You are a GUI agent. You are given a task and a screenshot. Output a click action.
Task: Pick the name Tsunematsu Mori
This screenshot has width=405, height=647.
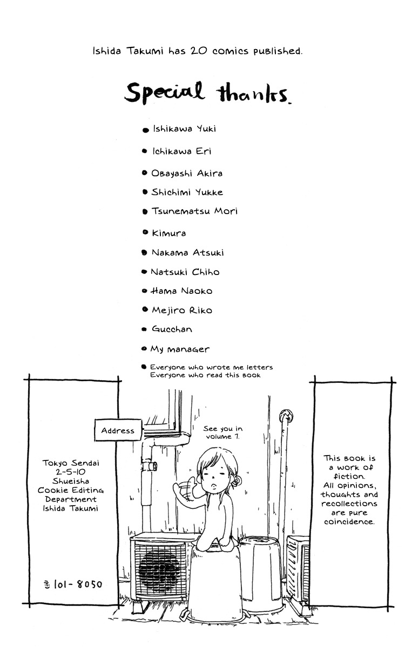[x=194, y=211]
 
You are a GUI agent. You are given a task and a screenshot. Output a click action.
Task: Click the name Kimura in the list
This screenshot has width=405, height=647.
[x=169, y=233]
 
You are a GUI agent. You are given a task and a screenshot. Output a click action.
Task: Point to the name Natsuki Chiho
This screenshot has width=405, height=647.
[x=185, y=272]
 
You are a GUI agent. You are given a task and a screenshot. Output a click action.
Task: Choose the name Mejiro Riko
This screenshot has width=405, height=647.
[x=182, y=311]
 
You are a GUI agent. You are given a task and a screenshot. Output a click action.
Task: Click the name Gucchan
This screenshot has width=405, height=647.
[x=172, y=329]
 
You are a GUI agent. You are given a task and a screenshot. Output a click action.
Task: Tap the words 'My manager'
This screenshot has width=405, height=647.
[x=180, y=349]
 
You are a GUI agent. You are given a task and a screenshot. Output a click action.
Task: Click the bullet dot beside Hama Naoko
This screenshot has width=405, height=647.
[x=144, y=291]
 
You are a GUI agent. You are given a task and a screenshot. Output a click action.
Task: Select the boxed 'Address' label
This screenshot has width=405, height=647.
[x=118, y=431]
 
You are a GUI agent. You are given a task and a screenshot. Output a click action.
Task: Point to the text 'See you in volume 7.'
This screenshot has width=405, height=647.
[x=223, y=432]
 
